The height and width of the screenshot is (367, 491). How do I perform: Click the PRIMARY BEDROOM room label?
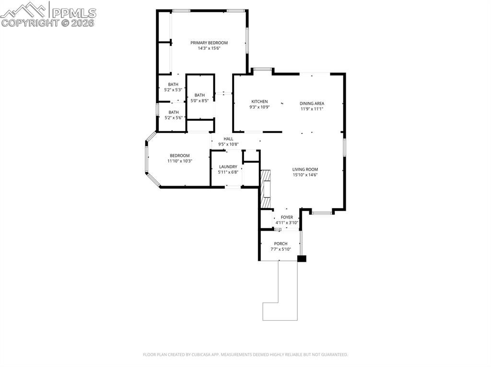[x=209, y=43]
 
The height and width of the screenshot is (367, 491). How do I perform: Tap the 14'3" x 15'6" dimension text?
[x=209, y=48]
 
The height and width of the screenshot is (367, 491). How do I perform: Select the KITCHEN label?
[x=259, y=101]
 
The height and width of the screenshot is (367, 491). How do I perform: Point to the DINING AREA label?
[x=312, y=103]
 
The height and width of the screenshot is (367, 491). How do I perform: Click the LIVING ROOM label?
[x=305, y=169]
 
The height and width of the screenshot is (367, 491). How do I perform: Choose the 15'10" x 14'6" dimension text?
[x=305, y=175]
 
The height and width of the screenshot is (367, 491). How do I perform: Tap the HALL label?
[x=228, y=139]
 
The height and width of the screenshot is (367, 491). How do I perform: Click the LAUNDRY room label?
[x=228, y=167]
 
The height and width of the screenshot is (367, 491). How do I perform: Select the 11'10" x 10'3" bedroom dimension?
[x=179, y=161]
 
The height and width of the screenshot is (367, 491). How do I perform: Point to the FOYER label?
[x=287, y=217]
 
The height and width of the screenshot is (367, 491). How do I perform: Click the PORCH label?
[x=281, y=244]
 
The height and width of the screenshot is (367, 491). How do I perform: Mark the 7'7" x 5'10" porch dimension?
[x=281, y=249]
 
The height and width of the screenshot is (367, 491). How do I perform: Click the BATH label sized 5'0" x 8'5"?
[x=199, y=95]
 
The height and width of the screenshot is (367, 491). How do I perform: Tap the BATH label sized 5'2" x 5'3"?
[x=173, y=84]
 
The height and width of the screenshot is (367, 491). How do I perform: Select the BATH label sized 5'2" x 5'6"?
[x=173, y=112]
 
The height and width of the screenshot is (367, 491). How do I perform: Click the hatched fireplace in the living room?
[x=265, y=189]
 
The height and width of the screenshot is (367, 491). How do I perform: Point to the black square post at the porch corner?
[x=302, y=258]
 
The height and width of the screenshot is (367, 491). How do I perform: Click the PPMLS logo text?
[x=74, y=13]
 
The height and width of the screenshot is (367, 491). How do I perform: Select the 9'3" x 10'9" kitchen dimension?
[x=259, y=107]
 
